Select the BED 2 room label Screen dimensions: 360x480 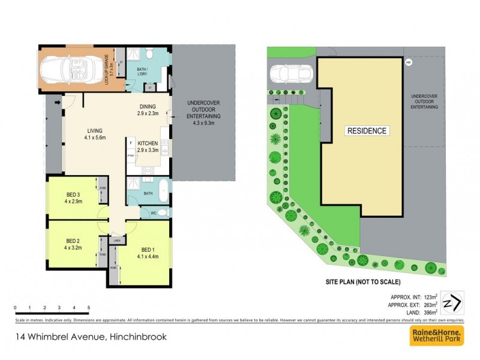(x=74, y=242)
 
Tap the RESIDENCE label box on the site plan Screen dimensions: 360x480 (x=366, y=130)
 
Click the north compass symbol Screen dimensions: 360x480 (x=452, y=301)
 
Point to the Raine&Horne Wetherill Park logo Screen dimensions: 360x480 (x=436, y=336)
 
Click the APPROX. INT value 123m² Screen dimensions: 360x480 (x=429, y=296)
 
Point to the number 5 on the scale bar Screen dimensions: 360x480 (x=88, y=307)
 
